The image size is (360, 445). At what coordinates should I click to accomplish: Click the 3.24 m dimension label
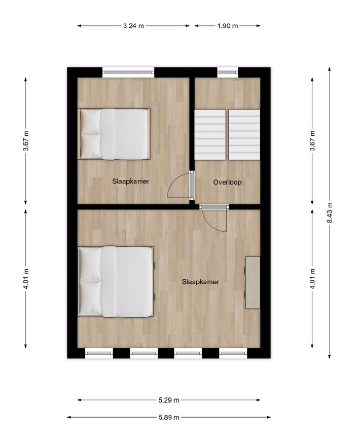133,26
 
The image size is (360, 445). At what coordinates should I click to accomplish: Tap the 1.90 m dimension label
228,26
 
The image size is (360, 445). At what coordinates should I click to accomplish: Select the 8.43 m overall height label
330,212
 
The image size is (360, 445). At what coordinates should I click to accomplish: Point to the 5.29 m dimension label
169,400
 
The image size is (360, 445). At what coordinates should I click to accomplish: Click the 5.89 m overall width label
169,417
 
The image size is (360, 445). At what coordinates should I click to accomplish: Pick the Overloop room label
228,182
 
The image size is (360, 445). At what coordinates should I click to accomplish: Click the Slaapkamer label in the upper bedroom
131,181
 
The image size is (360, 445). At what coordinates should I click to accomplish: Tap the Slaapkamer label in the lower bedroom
201,282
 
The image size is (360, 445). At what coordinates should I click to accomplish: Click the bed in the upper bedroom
114,134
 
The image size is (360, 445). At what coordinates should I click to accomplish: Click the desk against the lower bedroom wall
253,282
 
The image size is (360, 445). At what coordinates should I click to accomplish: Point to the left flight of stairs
210,135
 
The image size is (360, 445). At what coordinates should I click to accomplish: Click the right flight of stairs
244,135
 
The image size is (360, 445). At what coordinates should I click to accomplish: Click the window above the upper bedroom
128,72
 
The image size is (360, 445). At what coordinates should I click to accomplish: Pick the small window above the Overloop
228,72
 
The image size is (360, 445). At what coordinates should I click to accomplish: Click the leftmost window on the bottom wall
99,353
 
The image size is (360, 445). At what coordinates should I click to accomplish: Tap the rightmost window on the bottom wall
233,353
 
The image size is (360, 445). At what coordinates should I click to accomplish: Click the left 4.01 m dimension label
26,279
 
